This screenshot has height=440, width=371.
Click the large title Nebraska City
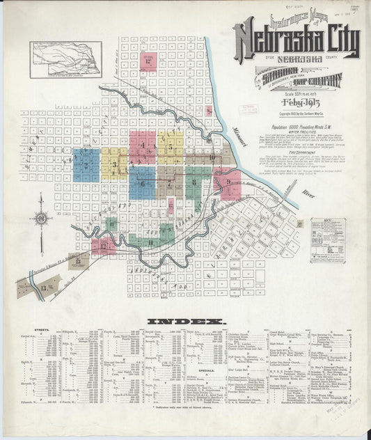click(297, 42)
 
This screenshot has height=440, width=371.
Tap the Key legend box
click(327, 240)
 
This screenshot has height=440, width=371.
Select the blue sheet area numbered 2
click(86, 165)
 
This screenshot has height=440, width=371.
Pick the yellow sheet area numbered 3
click(113, 164)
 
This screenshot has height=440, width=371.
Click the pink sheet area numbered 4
click(142, 147)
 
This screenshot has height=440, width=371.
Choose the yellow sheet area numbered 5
click(170, 147)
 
